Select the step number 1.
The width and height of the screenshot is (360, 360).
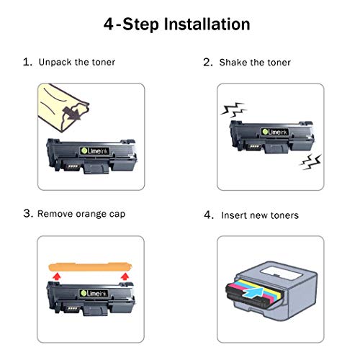point(27,63)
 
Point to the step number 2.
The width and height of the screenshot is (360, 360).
point(207,63)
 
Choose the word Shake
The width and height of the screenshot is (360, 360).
point(234,63)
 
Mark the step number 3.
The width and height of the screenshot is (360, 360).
point(28,213)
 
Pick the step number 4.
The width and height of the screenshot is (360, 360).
point(208,215)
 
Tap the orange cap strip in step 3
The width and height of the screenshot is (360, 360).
point(89,267)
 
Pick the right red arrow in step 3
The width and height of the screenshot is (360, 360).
point(123,276)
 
